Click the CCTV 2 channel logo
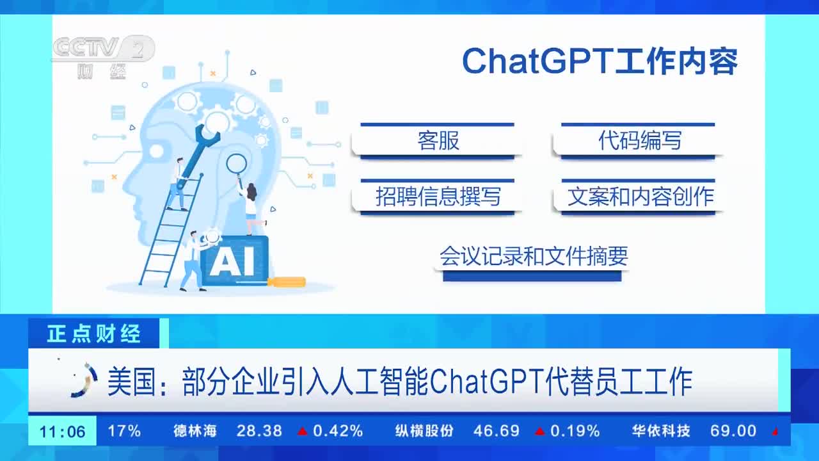pos(104,57)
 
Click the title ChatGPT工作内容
pos(600,61)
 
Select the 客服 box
pos(437,142)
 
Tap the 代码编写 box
pos(639,142)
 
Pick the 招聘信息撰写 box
pos(437,197)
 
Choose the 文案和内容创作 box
pos(639,197)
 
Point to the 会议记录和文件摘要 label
pos(534,255)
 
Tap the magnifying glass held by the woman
pos(237,169)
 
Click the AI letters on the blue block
pos(232,261)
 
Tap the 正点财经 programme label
pos(94,334)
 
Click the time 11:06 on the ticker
pos(62,432)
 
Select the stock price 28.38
pos(259,431)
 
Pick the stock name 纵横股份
pos(424,431)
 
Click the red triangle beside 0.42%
pos(303,432)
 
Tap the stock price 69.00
pos(733,431)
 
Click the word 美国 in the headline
pos(132,381)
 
